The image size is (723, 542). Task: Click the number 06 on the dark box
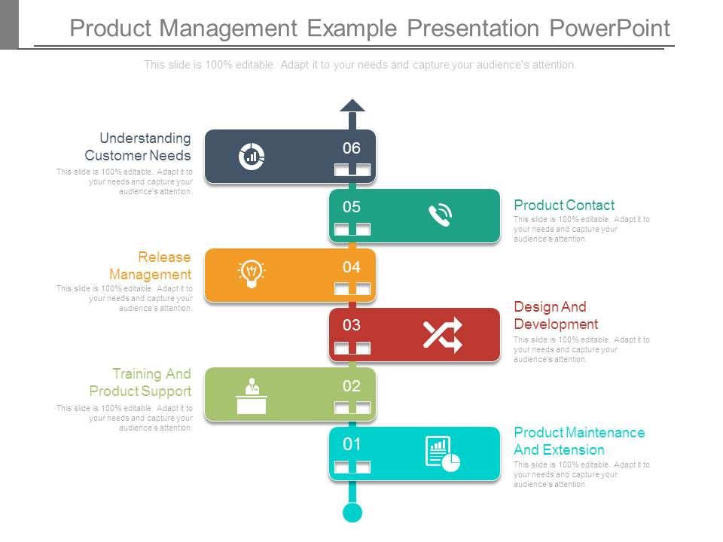click(352, 148)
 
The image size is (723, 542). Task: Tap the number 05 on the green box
click(352, 207)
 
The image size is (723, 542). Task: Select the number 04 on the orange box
click(352, 266)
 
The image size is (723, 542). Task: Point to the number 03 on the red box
click(352, 325)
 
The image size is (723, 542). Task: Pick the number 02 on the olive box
click(352, 386)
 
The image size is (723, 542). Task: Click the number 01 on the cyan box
click(352, 444)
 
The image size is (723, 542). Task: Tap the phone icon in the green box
click(441, 216)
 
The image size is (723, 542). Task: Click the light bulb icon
click(251, 273)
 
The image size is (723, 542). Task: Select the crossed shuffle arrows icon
click(442, 335)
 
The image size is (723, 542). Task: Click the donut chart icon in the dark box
click(251, 157)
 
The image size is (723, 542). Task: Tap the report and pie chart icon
click(442, 454)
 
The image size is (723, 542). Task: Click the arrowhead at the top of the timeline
click(352, 105)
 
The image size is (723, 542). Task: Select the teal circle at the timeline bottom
click(352, 513)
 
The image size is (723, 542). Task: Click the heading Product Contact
click(564, 205)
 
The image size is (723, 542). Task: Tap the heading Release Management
click(151, 266)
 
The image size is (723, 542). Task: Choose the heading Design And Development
click(556, 315)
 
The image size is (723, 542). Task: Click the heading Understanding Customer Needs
click(139, 147)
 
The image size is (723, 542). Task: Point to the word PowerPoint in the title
click(609, 29)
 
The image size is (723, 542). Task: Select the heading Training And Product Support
click(141, 382)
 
